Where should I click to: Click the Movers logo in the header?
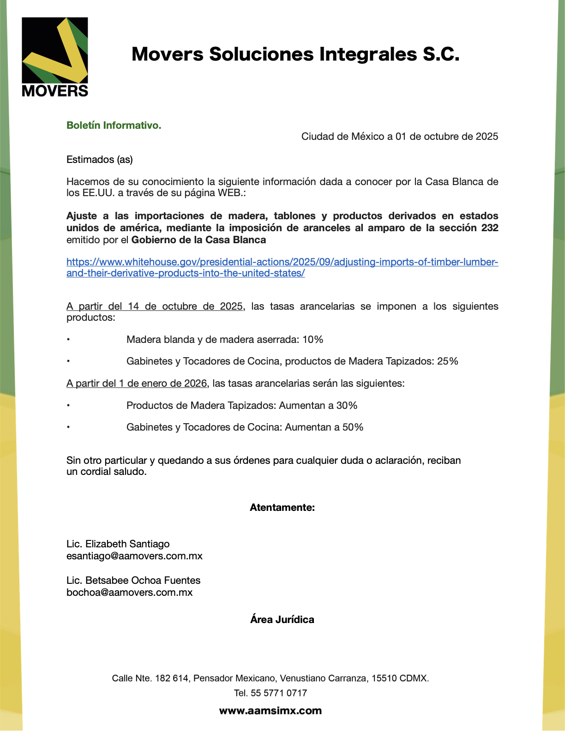pyautogui.click(x=55, y=57)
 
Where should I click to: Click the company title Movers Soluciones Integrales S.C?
pyautogui.click(x=295, y=54)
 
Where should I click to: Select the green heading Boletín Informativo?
pyautogui.click(x=114, y=125)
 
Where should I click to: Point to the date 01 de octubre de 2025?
pyautogui.click(x=446, y=136)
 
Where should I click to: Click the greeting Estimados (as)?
pyautogui.click(x=100, y=159)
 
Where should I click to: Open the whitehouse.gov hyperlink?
pyautogui.click(x=282, y=262)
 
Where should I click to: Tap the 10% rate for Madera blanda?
pyautogui.click(x=313, y=340)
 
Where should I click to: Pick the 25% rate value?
pyautogui.click(x=447, y=361)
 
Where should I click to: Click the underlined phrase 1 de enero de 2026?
pyautogui.click(x=163, y=383)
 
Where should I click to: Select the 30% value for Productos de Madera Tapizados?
pyautogui.click(x=347, y=406)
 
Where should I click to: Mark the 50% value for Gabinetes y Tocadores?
pyautogui.click(x=353, y=427)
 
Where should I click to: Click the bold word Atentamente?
pyautogui.click(x=282, y=508)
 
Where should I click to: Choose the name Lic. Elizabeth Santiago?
pyautogui.click(x=118, y=544)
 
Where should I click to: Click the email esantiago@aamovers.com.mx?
pyautogui.click(x=134, y=556)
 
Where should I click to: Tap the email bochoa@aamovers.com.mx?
pyautogui.click(x=129, y=593)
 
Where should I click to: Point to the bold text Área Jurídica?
pyautogui.click(x=282, y=620)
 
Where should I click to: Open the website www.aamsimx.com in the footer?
pyautogui.click(x=270, y=711)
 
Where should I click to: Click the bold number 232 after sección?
pyautogui.click(x=489, y=228)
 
